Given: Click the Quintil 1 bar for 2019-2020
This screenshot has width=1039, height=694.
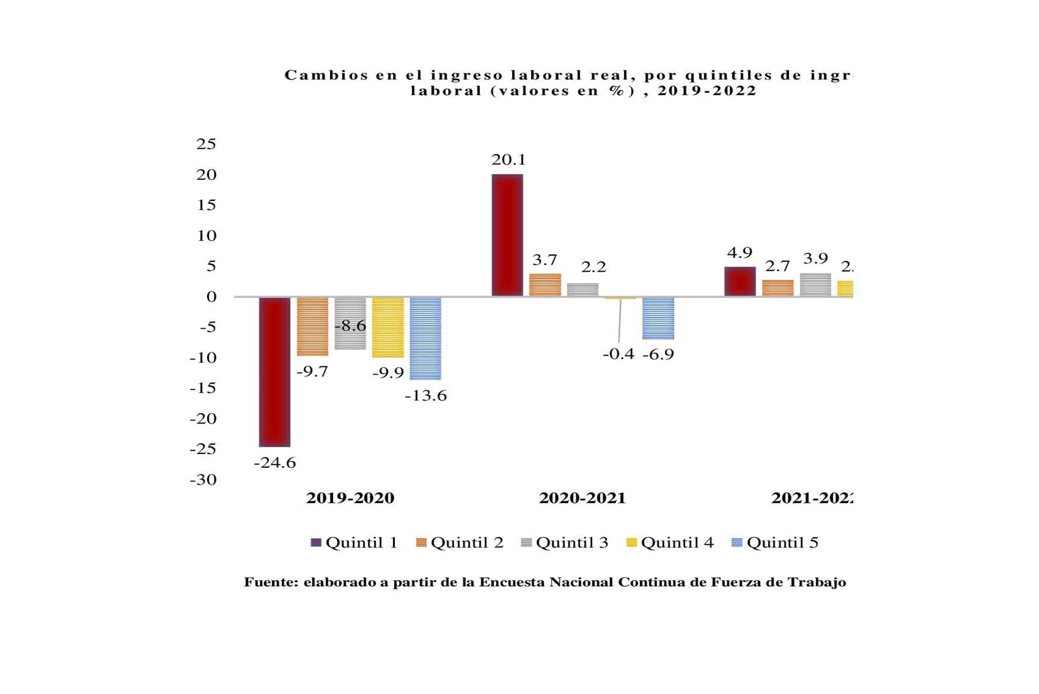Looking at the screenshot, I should [x=274, y=372].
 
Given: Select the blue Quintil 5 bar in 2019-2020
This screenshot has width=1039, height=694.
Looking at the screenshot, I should [x=425, y=338].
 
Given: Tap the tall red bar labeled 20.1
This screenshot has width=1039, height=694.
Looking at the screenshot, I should [x=507, y=235].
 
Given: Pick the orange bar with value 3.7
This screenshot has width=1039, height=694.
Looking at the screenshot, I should [x=545, y=285].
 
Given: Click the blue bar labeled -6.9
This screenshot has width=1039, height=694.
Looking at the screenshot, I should [x=658, y=318].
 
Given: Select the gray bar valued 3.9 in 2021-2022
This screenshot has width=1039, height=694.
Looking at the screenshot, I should [x=815, y=285].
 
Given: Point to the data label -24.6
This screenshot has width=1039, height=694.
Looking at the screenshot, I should [x=275, y=463].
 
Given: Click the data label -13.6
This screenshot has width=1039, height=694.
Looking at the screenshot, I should [x=425, y=396].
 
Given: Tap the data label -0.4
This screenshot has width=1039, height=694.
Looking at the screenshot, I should [x=618, y=354].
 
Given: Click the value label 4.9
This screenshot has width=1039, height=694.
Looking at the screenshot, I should [x=739, y=253].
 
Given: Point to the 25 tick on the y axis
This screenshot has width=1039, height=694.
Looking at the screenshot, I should [x=206, y=144].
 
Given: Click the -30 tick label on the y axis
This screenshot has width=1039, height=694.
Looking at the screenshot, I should [x=203, y=479].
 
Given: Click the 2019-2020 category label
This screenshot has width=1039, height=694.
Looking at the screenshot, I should [x=350, y=498].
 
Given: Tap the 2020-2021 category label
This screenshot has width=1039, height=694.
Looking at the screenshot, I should [x=582, y=498].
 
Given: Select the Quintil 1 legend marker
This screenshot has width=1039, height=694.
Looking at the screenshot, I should [x=316, y=542].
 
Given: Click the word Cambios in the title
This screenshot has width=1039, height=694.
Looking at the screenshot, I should [x=326, y=75].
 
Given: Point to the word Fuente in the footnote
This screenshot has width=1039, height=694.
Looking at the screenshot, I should [x=270, y=582].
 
